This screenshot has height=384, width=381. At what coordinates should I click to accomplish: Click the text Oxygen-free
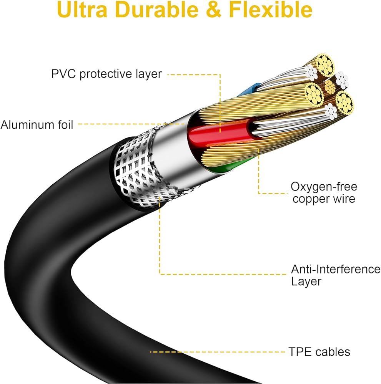point(324,187)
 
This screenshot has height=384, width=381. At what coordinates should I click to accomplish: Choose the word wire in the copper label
point(342,199)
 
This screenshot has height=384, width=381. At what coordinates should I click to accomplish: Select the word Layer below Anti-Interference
point(306,281)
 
